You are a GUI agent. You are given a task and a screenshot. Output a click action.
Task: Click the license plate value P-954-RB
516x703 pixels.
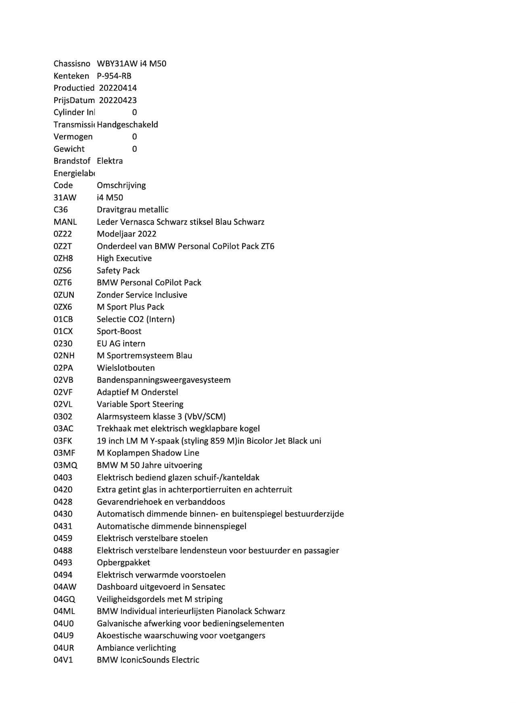(114, 76)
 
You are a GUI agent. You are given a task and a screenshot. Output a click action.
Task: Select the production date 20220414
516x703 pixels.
(118, 88)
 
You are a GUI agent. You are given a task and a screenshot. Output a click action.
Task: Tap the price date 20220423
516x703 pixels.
(118, 100)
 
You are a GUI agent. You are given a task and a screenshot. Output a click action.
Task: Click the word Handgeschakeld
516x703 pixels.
(127, 124)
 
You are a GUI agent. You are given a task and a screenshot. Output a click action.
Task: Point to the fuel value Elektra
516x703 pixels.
(110, 161)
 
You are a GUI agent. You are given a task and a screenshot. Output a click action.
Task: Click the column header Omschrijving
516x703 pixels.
(121, 185)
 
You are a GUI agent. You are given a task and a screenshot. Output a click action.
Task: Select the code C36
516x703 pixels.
(60, 209)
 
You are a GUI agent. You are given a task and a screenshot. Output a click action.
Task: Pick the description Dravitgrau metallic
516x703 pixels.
(133, 209)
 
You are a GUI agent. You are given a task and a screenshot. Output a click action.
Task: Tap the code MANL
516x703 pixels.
(65, 222)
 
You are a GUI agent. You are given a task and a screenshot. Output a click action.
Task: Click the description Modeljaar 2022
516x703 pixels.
(127, 234)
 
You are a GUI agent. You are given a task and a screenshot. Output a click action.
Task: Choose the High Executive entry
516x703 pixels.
(124, 258)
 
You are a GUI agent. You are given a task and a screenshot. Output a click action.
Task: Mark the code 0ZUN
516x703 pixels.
(64, 295)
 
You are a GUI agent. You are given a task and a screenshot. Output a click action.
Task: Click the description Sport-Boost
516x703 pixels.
(119, 331)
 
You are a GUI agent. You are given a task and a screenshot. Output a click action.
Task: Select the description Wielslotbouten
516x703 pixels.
(126, 368)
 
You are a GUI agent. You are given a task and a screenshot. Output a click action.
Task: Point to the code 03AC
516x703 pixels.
(63, 429)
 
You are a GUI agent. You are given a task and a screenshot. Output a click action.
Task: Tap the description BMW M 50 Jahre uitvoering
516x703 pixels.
(150, 465)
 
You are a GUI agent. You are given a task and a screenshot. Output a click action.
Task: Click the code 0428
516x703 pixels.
(63, 502)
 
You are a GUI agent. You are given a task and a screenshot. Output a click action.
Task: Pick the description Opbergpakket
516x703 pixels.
(123, 562)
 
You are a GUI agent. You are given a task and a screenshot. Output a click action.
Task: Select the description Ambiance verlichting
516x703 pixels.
(136, 648)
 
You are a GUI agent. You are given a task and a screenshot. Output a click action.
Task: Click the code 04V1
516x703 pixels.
(63, 660)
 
